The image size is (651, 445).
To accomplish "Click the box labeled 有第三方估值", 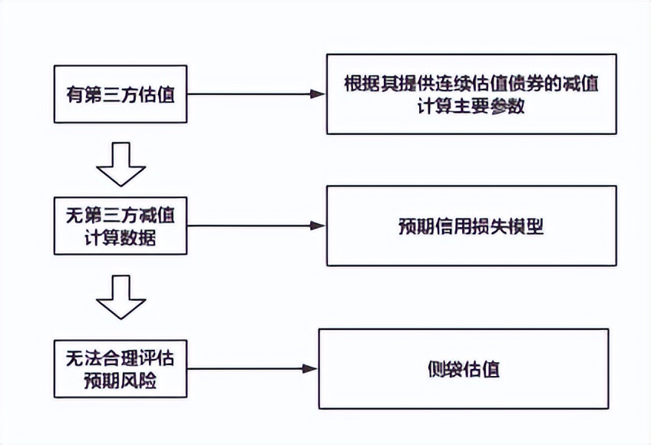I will tap(121, 95).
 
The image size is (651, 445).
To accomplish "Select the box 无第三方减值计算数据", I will tap(121, 226).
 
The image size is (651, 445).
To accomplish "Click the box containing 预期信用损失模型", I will tap(471, 226).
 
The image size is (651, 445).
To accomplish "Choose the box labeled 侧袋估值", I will tap(463, 369).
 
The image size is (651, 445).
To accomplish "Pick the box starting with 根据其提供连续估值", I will tap(471, 94).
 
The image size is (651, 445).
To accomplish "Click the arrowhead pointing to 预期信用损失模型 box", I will tap(319, 226).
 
